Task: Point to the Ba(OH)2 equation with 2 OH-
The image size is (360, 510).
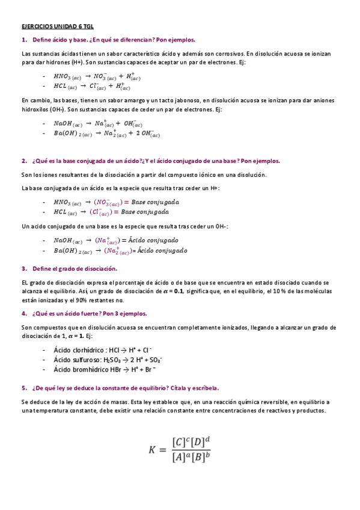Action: [x=106, y=134]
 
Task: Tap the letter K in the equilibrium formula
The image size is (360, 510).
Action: [x=154, y=449]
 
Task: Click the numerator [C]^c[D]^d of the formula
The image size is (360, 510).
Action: [x=191, y=441]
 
